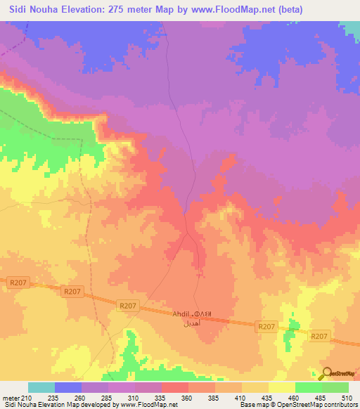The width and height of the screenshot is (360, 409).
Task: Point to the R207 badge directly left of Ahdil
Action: tap(127, 306)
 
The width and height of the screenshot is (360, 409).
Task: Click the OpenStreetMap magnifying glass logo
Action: tap(326, 374)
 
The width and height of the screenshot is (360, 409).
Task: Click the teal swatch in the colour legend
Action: tap(41, 387)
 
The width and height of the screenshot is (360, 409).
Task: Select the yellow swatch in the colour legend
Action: tap(282, 387)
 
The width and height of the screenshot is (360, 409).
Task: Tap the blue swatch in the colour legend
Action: tap(68, 387)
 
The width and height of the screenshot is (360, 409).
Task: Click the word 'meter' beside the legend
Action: tap(11, 397)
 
